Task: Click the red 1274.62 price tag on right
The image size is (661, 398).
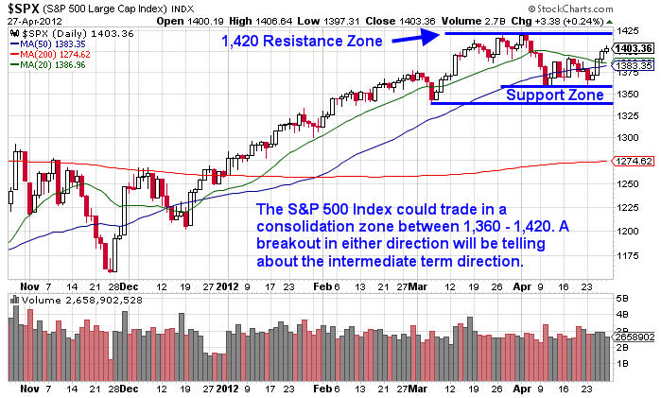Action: pos(629,162)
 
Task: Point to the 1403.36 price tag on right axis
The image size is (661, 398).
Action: pos(629,48)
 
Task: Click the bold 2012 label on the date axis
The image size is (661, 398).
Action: pos(230,282)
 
